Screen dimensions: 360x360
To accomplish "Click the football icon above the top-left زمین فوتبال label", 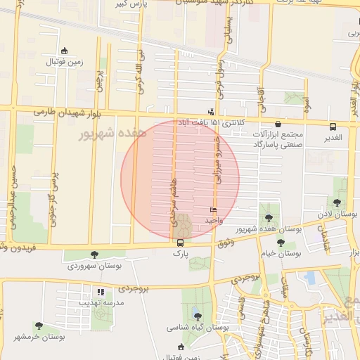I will (x=65, y=51).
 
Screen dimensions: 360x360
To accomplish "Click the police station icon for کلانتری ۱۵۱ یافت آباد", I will (x=210, y=112).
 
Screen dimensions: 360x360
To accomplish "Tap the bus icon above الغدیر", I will (x=333, y=127).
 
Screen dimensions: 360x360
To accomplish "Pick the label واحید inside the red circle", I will (x=214, y=220).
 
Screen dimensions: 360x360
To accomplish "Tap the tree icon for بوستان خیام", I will (x=281, y=243).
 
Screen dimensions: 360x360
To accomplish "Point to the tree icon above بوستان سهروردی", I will (x=95, y=255).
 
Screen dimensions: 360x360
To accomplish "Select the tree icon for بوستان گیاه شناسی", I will (x=197, y=316).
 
